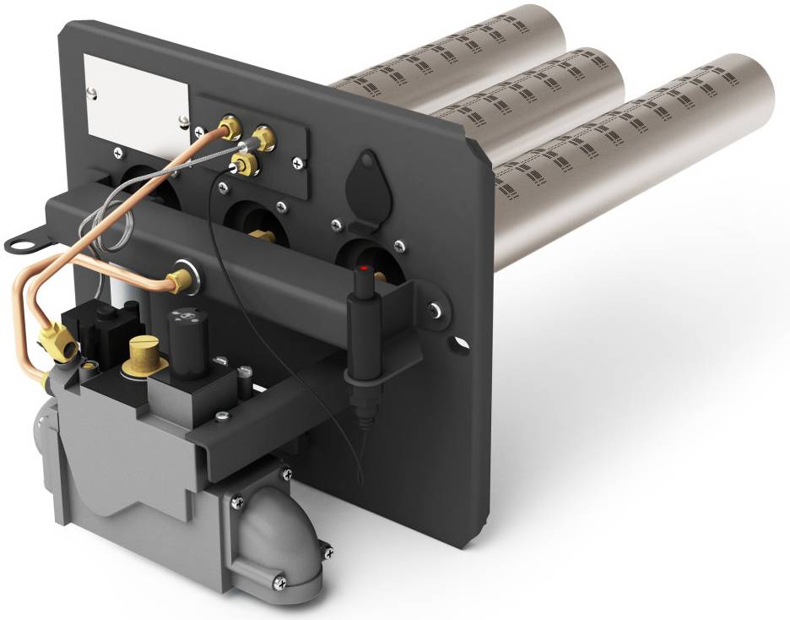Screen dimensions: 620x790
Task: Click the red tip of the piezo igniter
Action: (364, 268)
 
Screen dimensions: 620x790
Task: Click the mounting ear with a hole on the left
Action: (23, 242)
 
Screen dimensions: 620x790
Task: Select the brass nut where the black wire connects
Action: (246, 166)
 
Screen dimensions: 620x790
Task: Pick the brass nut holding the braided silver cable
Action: (263, 138)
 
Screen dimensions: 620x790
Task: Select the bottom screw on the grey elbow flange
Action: (279, 582)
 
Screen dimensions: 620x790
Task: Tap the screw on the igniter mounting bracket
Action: (433, 311)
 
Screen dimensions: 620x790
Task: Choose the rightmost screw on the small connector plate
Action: (298, 159)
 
